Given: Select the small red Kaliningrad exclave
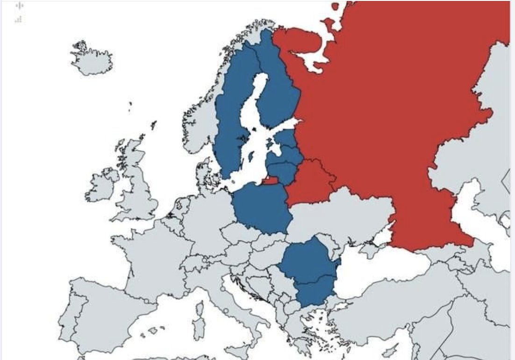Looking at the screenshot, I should tap(271, 181).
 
